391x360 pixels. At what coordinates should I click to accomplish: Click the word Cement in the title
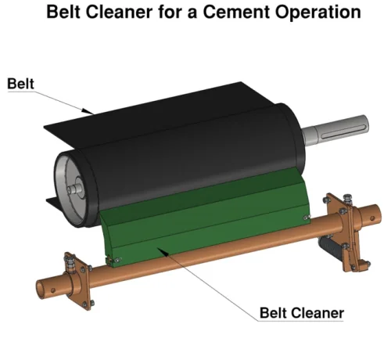(236, 12)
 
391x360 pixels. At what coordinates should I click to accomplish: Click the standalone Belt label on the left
(20, 84)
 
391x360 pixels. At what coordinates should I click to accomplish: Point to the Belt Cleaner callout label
(302, 313)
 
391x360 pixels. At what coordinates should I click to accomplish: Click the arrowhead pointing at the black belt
(88, 111)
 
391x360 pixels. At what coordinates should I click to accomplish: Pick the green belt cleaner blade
(206, 218)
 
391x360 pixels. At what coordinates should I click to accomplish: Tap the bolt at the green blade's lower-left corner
(117, 260)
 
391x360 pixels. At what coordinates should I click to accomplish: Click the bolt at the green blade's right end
(307, 217)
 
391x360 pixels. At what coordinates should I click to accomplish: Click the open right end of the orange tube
(377, 214)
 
